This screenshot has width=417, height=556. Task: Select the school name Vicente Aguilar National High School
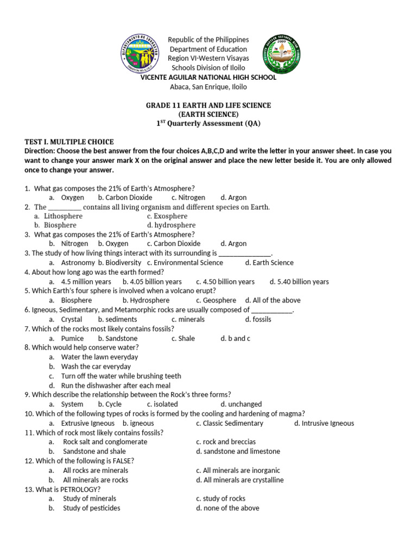pyautogui.click(x=208, y=77)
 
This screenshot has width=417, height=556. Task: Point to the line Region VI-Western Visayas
pyautogui.click(x=208, y=58)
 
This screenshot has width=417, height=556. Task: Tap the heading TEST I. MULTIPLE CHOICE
pyautogui.click(x=69, y=142)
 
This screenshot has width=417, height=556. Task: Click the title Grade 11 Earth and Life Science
pyautogui.click(x=208, y=105)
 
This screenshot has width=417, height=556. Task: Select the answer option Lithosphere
pyautogui.click(x=63, y=216)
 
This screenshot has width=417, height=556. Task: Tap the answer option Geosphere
pyautogui.click(x=219, y=300)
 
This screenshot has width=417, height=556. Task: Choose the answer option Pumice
pyautogui.click(x=72, y=338)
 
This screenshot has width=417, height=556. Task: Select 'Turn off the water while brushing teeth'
pyautogui.click(x=121, y=376)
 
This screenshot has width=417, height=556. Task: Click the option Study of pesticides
pyautogui.click(x=91, y=508)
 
